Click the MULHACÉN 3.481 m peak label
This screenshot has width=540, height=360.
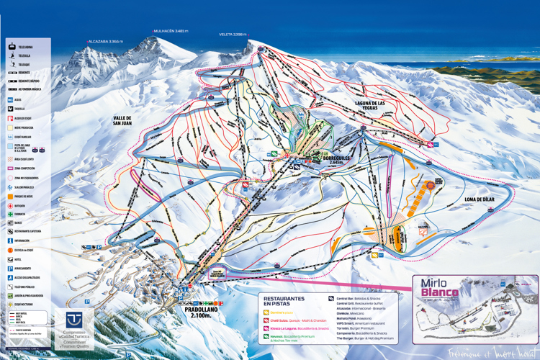170,31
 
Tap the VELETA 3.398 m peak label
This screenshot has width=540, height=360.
238,34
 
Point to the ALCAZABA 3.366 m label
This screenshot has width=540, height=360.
107,42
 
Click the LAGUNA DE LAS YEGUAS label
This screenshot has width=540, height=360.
376,105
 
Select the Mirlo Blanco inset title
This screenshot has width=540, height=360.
439,288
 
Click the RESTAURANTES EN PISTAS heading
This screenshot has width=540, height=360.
284,301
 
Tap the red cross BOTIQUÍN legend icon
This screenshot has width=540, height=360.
11,205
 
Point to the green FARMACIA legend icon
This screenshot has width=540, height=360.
11,214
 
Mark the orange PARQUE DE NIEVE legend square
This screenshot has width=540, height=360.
11,196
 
